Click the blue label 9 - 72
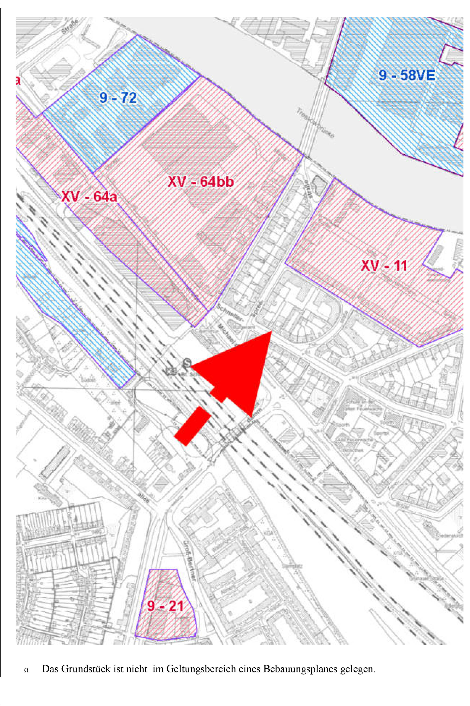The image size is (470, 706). (118, 98)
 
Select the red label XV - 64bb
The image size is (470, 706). (200, 182)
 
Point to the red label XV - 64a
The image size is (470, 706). (89, 197)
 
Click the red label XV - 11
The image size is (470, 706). (384, 266)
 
